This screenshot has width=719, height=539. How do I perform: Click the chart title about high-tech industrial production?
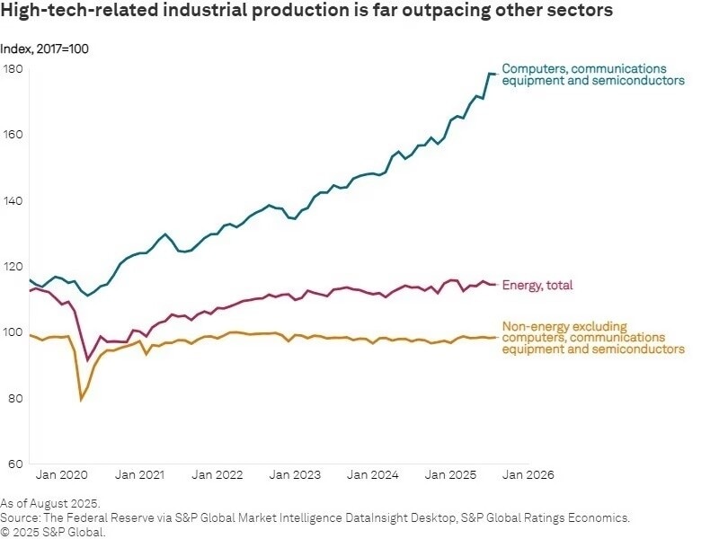(306, 12)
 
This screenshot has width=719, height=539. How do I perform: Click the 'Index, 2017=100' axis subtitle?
(45, 49)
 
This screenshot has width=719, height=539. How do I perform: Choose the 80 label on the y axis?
(13, 398)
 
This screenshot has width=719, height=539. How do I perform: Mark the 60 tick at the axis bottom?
(13, 464)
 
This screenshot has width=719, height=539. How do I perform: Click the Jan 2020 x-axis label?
(63, 474)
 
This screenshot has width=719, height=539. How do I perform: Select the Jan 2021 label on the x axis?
(140, 474)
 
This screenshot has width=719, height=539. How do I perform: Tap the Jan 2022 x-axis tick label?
(217, 474)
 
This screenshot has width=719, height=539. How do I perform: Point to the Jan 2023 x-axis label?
(295, 474)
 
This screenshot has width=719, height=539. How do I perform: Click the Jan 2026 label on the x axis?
(528, 474)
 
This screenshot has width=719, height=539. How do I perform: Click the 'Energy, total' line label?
(537, 286)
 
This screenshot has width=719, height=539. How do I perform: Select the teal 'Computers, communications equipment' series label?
(593, 75)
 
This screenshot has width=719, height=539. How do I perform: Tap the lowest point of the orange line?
(81, 400)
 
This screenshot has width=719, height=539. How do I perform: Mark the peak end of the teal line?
(491, 74)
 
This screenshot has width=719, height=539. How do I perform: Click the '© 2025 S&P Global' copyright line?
(53, 532)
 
